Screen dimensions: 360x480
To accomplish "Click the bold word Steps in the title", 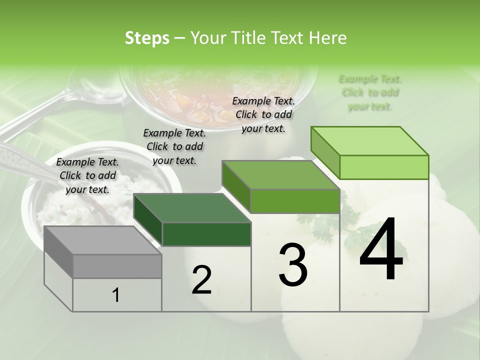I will (147, 38).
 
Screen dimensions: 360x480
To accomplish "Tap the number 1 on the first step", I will (116, 295).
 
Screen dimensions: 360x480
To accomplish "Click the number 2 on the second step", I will (201, 280).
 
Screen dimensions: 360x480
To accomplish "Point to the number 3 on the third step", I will (293, 265).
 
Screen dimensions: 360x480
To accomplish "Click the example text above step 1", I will (87, 175).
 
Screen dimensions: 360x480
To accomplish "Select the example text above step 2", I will (174, 146).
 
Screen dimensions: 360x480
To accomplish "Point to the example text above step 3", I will (263, 114).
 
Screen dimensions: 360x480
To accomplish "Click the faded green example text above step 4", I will (370, 92).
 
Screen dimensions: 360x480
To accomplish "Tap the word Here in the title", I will (328, 38).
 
